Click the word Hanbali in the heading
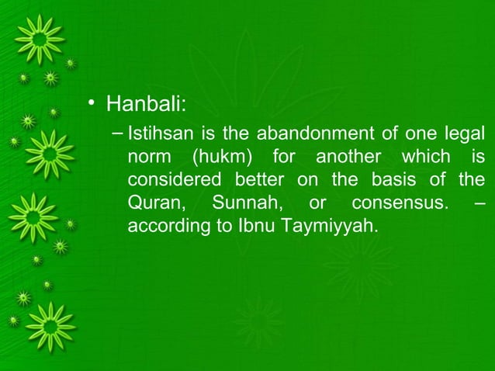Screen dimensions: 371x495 click(144, 103)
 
